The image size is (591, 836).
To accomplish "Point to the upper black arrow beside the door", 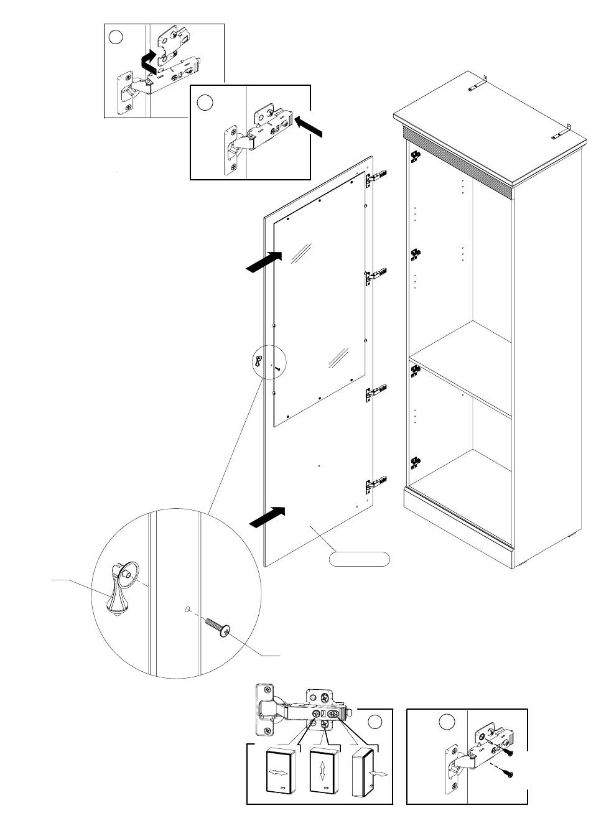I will click(264, 261).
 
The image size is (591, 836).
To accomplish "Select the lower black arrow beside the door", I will click(267, 517).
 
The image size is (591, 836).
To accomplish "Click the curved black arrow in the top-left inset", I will click(148, 63).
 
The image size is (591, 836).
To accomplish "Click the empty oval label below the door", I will click(359, 559).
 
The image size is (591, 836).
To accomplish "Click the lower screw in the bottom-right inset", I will click(509, 774).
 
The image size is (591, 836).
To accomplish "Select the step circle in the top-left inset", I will click(115, 37).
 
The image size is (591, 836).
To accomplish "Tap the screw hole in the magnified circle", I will click(187, 610).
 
